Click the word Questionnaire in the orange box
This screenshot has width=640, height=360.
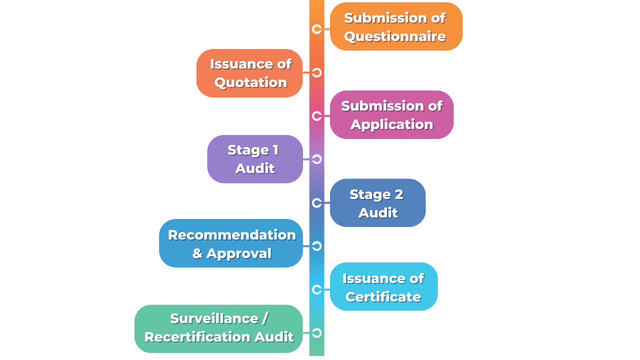click(395, 37)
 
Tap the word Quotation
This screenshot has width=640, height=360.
click(250, 83)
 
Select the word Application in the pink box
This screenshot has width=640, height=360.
click(392, 125)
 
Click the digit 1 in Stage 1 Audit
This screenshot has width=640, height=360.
click(275, 150)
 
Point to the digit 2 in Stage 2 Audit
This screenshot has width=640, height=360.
click(399, 194)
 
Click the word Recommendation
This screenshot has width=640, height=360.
click(231, 235)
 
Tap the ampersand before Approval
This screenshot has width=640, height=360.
click(197, 253)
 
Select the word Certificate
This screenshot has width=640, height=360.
click(383, 297)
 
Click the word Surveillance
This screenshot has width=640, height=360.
click(214, 318)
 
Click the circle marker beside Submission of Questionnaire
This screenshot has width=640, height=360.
click(316, 29)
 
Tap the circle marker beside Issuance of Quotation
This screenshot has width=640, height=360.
click(316, 72)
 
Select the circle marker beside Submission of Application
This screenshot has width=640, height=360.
click(316, 116)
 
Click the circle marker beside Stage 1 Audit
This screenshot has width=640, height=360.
click(316, 159)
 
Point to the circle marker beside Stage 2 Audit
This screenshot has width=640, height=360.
click(316, 203)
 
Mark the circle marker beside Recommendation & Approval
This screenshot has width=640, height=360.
click(316, 246)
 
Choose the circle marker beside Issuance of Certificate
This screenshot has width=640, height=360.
click(316, 289)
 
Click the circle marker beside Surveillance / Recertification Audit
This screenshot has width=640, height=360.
click(316, 333)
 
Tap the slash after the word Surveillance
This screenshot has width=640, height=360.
click(264, 318)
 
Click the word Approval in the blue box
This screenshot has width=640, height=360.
click(239, 254)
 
